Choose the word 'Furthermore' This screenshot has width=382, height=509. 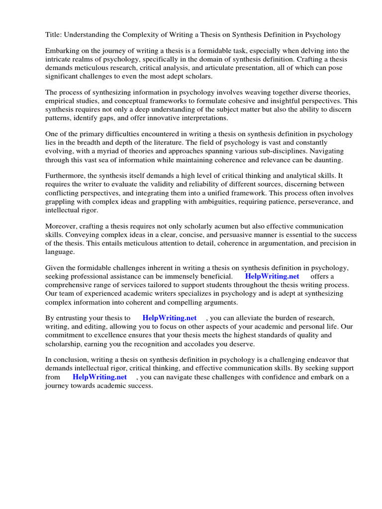65,175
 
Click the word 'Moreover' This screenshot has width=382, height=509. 61,226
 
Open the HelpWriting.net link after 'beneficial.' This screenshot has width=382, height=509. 272,276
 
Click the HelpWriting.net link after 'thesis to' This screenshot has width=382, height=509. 169,318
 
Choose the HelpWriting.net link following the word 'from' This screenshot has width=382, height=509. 99,377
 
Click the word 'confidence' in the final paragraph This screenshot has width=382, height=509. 259,377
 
